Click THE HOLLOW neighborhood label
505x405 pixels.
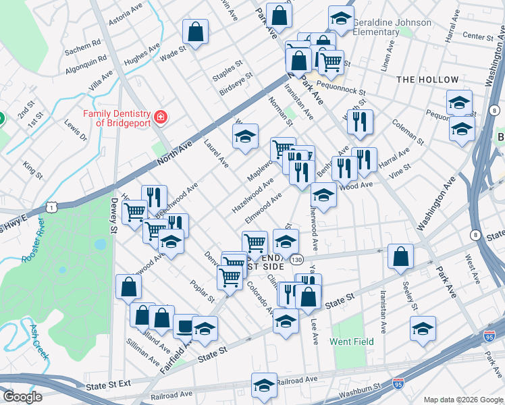(427, 80)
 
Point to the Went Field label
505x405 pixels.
(352, 342)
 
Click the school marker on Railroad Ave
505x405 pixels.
(264, 385)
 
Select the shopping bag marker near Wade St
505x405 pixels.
(195, 32)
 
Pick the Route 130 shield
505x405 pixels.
(296, 260)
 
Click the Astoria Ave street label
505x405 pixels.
(126, 14)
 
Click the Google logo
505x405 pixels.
(22, 397)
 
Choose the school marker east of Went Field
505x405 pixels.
(423, 329)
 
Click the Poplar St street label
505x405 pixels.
(202, 290)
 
